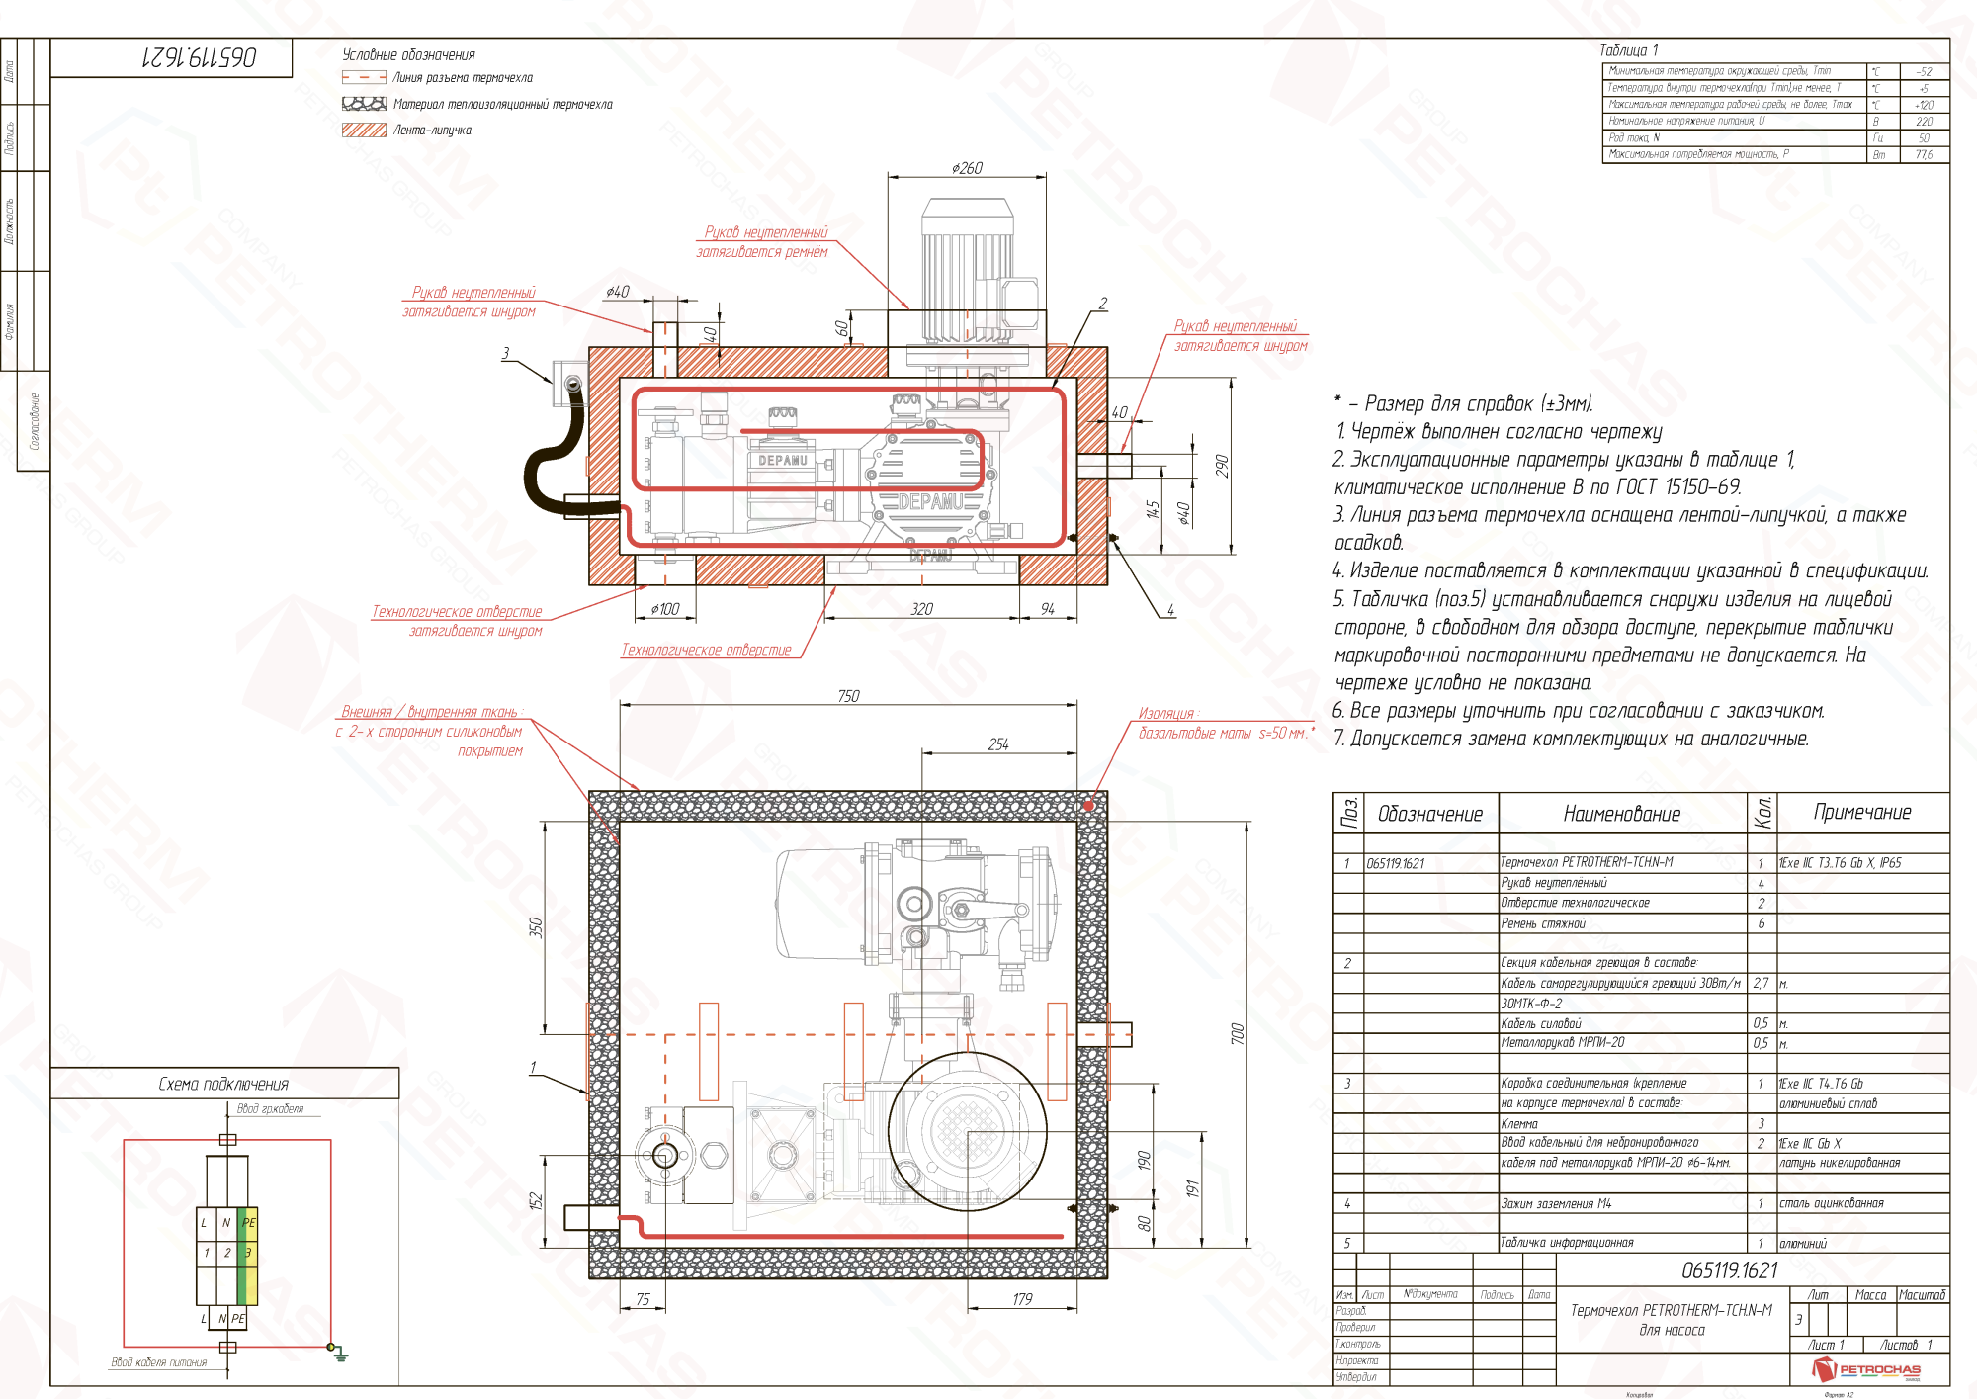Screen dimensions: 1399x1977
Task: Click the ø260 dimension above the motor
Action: point(966,168)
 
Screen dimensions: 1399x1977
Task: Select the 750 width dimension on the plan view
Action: point(848,696)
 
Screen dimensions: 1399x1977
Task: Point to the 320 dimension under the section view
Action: point(921,609)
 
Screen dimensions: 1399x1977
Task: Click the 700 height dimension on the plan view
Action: point(1237,1033)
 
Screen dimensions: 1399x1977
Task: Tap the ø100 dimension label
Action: point(665,609)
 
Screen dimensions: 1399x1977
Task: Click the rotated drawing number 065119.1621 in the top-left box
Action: point(199,57)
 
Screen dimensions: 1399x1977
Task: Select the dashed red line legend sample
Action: point(364,77)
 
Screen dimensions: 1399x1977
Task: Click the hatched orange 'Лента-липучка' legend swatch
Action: point(364,130)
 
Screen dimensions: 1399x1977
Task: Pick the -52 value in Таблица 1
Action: point(1923,72)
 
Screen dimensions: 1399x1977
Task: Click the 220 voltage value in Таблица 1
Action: point(1923,122)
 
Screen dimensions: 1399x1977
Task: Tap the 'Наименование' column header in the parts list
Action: point(1621,814)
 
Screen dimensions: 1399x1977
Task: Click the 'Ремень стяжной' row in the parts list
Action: point(1542,923)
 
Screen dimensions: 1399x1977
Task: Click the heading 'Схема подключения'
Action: point(223,1084)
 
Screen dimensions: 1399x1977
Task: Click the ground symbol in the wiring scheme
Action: point(339,1354)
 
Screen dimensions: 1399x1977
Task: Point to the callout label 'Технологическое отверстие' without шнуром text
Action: point(706,650)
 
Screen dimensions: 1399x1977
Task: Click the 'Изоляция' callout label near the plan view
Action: point(1167,713)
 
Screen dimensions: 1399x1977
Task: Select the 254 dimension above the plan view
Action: point(998,744)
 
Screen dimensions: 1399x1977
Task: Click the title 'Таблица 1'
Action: point(1628,50)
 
